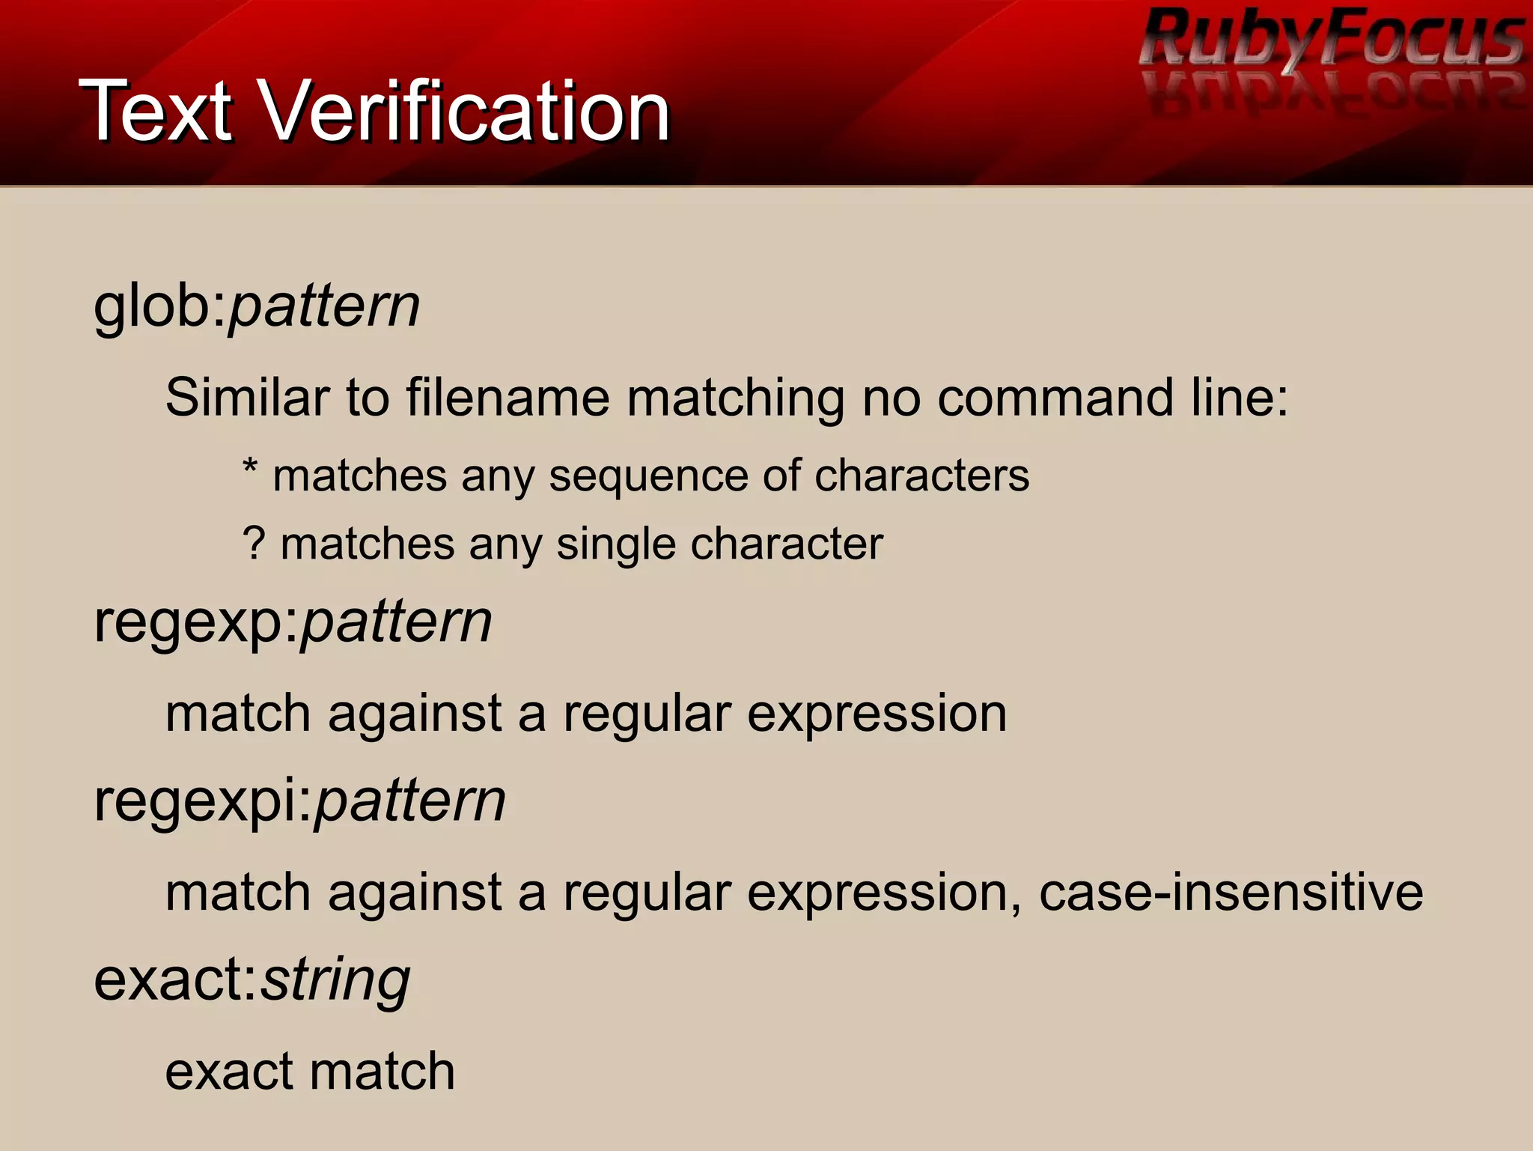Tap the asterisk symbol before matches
(x=250, y=470)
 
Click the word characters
(x=921, y=476)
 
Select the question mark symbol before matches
(x=254, y=543)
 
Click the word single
(x=615, y=544)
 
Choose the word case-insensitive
(x=1231, y=893)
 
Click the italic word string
(x=335, y=981)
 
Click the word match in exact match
(x=382, y=1072)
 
